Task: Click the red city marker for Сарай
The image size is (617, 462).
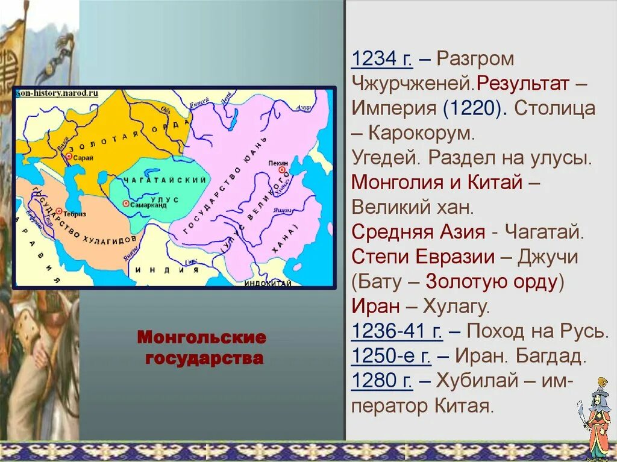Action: pyautogui.click(x=67, y=156)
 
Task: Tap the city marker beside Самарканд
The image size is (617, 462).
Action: pyautogui.click(x=125, y=204)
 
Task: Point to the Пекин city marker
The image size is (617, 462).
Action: pyautogui.click(x=280, y=171)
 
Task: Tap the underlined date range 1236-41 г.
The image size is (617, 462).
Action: pyautogui.click(x=397, y=331)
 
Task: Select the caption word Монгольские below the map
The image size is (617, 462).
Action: pyautogui.click(x=201, y=337)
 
